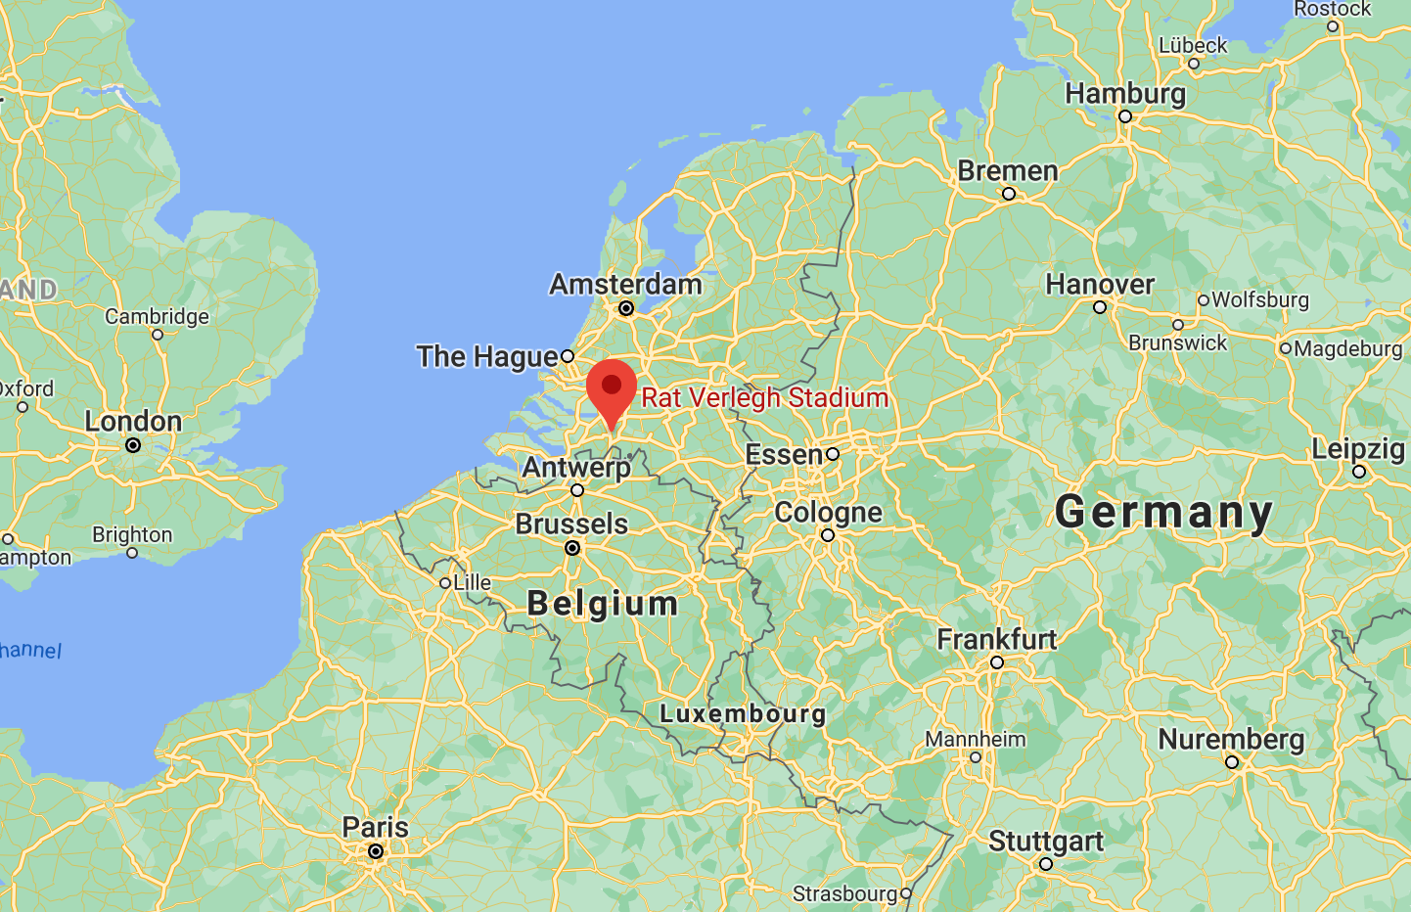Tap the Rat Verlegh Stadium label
click(764, 397)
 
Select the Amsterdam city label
click(625, 285)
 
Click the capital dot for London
click(133, 445)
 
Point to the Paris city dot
click(376, 852)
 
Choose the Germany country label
click(1163, 512)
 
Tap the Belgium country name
click(602, 604)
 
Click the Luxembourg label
click(743, 714)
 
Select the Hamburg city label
click(1125, 94)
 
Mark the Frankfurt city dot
click(997, 662)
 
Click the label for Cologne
click(828, 512)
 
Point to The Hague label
click(487, 356)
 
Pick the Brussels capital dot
click(572, 548)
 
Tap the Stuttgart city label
click(1045, 842)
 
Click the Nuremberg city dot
click(1232, 762)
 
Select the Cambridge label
click(157, 316)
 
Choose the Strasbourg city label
click(844, 893)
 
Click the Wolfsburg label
click(1260, 299)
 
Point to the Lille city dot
click(445, 583)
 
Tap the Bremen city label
click(1008, 171)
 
